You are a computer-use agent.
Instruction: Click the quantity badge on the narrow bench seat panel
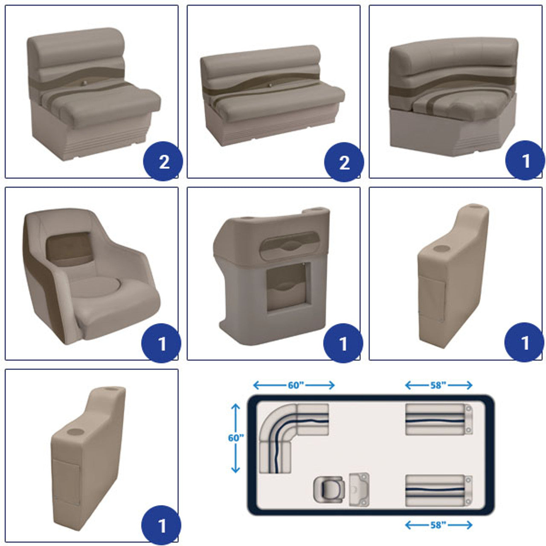coord(163,161)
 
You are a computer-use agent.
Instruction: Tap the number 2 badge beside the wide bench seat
coord(344,162)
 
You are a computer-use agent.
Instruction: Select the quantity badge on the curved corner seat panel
coord(525,160)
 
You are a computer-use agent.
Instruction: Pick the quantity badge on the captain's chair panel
coord(161,343)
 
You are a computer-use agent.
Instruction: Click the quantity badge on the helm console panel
coord(343,343)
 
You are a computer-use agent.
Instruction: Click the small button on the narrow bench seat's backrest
coord(84,83)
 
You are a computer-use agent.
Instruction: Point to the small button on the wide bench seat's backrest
coord(270,85)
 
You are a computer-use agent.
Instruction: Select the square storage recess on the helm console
coord(288,286)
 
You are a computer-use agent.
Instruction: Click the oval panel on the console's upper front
coord(290,245)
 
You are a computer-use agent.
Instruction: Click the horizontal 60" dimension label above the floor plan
coord(296,385)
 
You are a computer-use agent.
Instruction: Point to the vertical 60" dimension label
coord(236,438)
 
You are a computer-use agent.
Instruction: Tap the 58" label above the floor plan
coord(438,385)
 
